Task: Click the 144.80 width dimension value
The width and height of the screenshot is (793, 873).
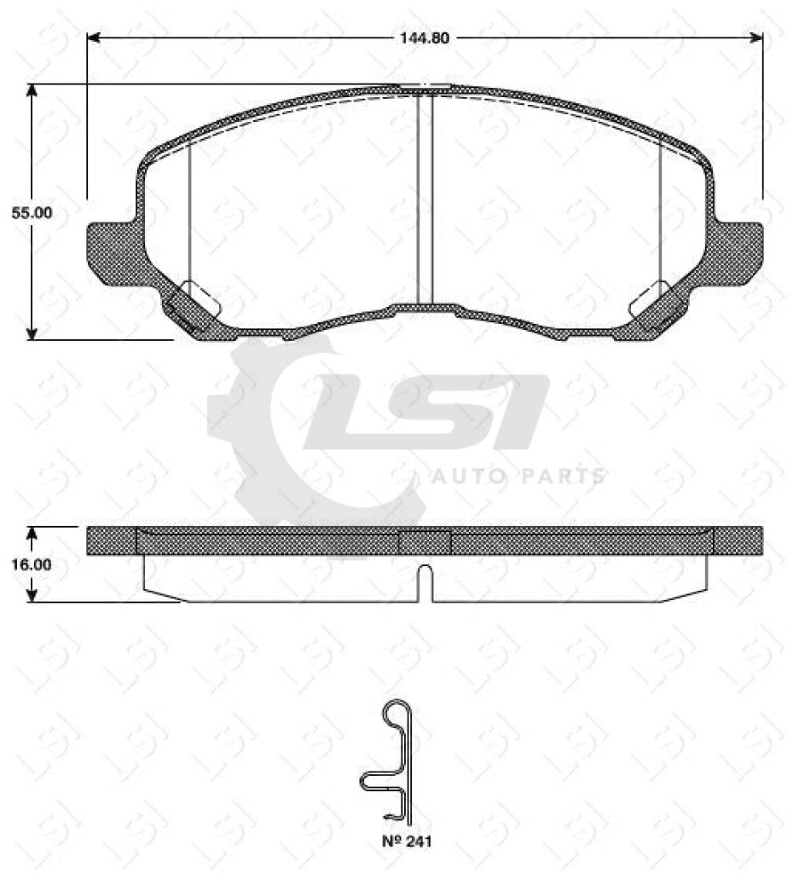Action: [x=425, y=38]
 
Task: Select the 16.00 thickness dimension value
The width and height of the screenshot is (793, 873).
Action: [x=32, y=564]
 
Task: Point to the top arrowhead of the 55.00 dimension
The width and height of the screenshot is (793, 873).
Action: [x=32, y=90]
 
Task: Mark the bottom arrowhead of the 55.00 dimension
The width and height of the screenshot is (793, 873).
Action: [x=32, y=333]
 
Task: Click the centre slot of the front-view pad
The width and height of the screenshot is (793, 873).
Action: [x=425, y=198]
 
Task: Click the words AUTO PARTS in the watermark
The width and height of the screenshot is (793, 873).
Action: [x=518, y=476]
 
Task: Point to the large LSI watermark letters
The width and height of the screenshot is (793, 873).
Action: [x=426, y=413]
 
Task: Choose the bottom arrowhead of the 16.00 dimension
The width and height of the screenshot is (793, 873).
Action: [x=32, y=596]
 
